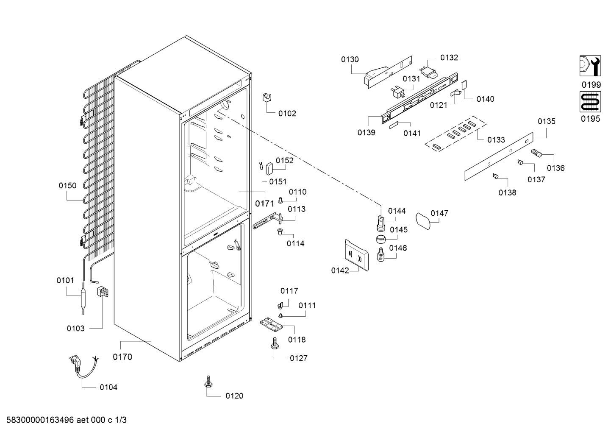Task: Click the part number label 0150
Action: [x=67, y=186]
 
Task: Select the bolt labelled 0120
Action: [x=208, y=382]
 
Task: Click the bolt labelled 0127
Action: [x=275, y=343]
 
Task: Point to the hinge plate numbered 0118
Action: [x=271, y=324]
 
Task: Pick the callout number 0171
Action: [x=264, y=203]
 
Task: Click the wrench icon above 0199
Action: [x=590, y=66]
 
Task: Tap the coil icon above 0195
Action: [x=590, y=102]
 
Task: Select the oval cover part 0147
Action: [x=423, y=221]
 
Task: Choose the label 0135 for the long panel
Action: [x=546, y=121]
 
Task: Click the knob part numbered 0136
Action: [x=536, y=153]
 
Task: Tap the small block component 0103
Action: [x=103, y=291]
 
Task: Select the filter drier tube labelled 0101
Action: [x=83, y=298]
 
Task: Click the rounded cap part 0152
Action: [x=269, y=169]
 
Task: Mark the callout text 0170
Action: [x=122, y=357]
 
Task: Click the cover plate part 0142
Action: [x=356, y=256]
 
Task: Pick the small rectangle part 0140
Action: [x=464, y=85]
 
